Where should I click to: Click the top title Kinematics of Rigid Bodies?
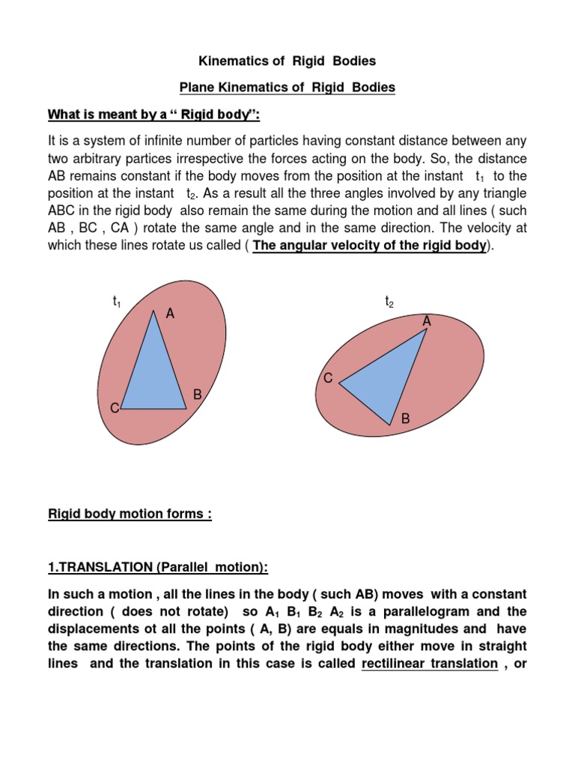pyautogui.click(x=287, y=60)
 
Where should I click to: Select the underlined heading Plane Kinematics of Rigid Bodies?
pyautogui.click(x=287, y=88)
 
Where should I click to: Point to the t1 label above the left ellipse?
pyautogui.click(x=117, y=302)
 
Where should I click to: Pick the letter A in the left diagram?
pyautogui.click(x=170, y=315)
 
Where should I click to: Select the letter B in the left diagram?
pyautogui.click(x=198, y=394)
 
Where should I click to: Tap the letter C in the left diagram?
pyautogui.click(x=115, y=408)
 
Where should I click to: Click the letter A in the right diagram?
pyautogui.click(x=427, y=321)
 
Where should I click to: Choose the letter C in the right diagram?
pyautogui.click(x=328, y=378)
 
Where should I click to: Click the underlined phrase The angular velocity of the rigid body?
pyautogui.click(x=371, y=246)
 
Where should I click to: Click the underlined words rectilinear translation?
pyautogui.click(x=430, y=664)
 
